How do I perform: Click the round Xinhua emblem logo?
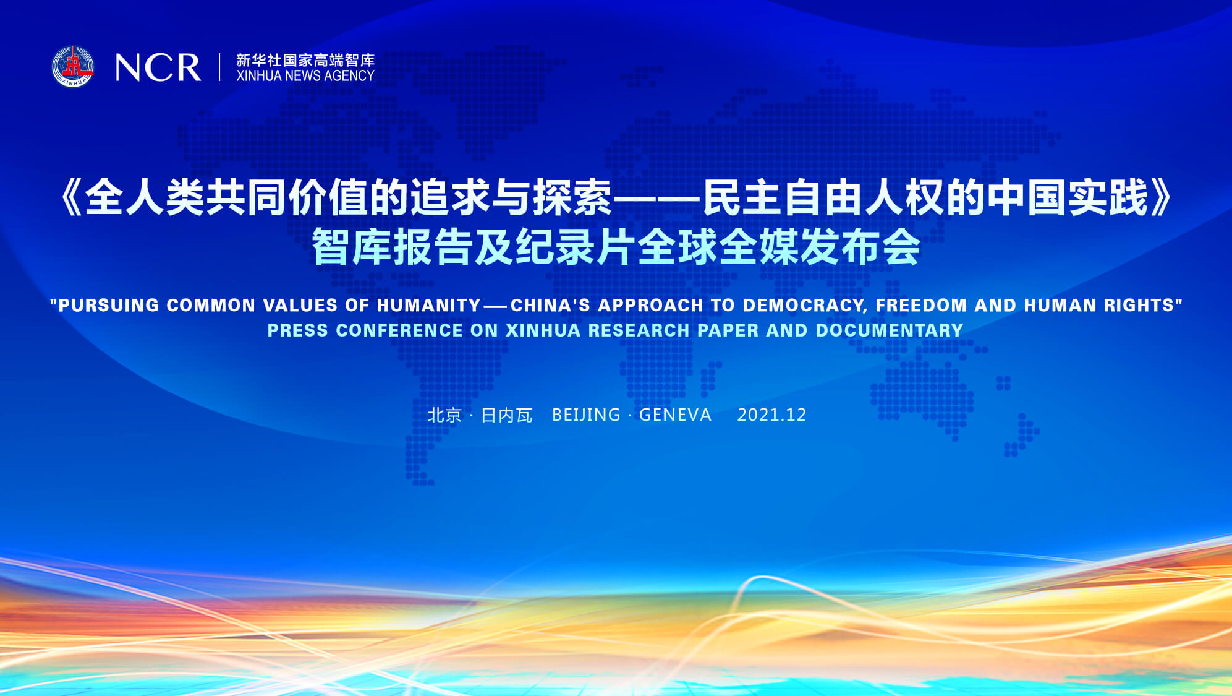(73, 66)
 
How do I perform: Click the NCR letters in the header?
(158, 67)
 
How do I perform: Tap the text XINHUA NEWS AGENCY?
(305, 75)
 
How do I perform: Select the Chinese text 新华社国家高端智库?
(305, 60)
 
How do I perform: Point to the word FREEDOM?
(921, 305)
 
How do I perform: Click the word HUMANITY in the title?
(429, 305)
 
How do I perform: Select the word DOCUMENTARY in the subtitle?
(890, 330)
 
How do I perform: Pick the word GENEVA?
(675, 415)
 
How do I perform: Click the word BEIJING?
(586, 415)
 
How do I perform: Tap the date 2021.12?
(772, 415)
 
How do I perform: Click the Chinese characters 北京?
(445, 415)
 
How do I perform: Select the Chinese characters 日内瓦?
(507, 415)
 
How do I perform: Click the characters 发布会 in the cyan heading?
(860, 247)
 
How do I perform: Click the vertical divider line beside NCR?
(219, 67)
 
